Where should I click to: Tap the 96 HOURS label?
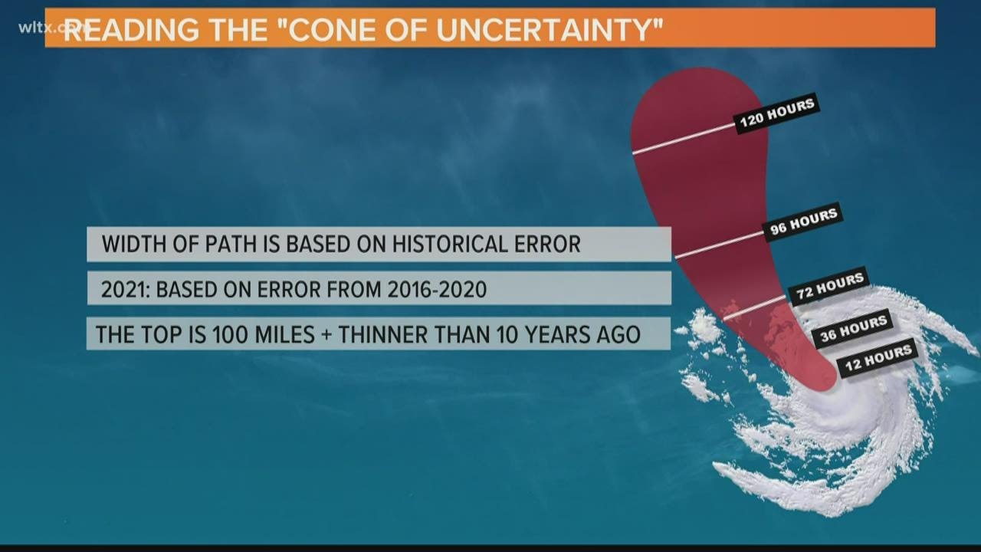[x=803, y=222]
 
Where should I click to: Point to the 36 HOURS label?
[x=852, y=329]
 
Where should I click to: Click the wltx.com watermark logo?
[x=45, y=28]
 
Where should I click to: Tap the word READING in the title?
[x=128, y=30]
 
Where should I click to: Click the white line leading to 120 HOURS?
[x=682, y=139]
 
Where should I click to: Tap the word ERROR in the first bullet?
[x=546, y=245]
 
